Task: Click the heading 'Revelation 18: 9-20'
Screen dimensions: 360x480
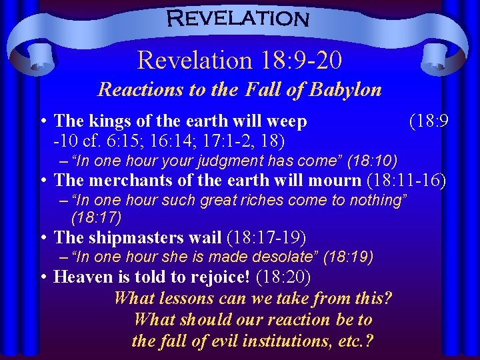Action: pos(239,61)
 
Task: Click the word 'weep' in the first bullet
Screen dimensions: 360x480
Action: pos(287,121)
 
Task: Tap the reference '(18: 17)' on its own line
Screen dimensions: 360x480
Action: pos(96,217)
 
